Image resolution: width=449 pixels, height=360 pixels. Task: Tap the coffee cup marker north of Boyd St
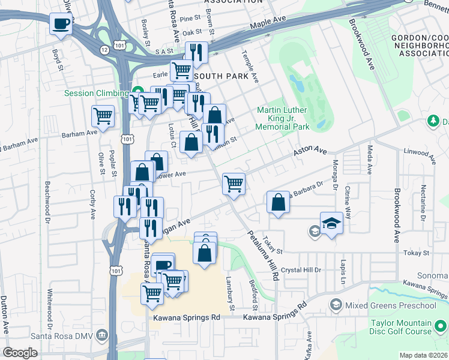[60, 24]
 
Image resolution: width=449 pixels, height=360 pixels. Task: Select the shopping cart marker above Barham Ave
[103, 116]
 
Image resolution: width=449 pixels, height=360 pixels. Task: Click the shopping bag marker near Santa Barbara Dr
[278, 202]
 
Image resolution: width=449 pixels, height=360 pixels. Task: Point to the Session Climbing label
[96, 93]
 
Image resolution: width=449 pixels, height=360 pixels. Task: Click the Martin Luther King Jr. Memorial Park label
[282, 118]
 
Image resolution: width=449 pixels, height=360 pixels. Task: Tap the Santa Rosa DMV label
[67, 334]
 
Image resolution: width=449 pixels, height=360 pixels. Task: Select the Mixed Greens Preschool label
[390, 305]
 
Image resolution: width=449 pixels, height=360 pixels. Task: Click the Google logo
[20, 352]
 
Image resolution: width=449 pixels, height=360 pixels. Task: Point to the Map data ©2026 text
[424, 355]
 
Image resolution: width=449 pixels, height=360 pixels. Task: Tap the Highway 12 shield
[105, 49]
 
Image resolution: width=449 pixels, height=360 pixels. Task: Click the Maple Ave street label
[268, 23]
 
